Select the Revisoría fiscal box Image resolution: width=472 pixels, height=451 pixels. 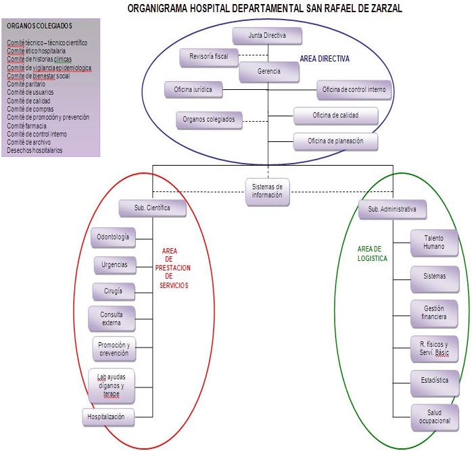tap(208, 57)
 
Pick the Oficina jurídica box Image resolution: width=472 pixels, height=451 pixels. tap(193, 89)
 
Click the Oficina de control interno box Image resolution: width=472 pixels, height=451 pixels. tap(354, 90)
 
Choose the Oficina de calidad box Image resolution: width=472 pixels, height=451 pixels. tap(335, 116)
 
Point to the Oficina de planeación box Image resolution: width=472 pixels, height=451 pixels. tap(335, 141)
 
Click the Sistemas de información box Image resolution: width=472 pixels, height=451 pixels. tap(267, 191)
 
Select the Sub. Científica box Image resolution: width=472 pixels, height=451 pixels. tap(152, 208)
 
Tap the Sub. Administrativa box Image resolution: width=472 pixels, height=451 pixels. tap(392, 210)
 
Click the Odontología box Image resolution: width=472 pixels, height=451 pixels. tap(113, 237)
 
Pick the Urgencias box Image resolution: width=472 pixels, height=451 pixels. tap(114, 264)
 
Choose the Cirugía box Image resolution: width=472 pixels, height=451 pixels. tap(113, 291)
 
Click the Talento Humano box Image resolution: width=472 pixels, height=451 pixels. tap(434, 242)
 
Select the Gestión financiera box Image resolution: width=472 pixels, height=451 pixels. tap(434, 312)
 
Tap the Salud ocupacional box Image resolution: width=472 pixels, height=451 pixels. tap(434, 417)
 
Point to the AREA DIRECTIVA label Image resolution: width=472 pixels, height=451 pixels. tap(325, 59)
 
